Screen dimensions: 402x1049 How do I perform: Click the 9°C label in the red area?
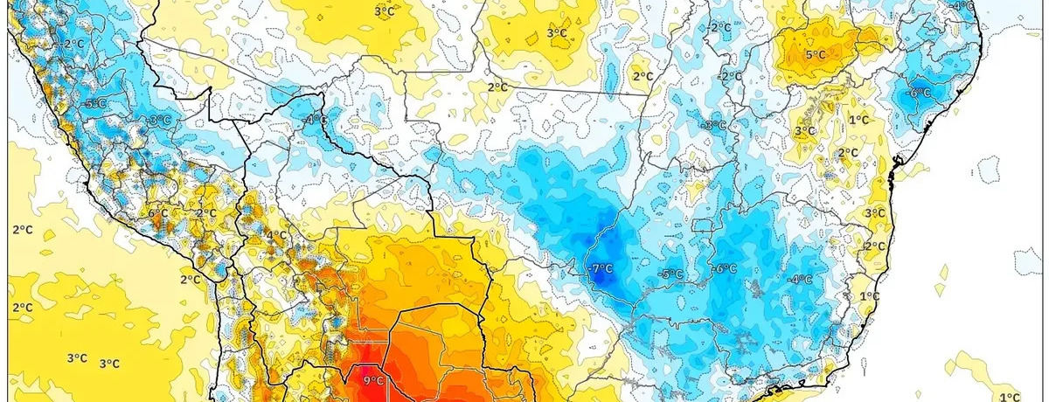click(373, 381)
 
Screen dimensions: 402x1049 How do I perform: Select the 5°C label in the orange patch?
click(815, 55)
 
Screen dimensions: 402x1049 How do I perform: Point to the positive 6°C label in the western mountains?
click(157, 212)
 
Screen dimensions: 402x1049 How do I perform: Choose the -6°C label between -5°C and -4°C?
click(725, 269)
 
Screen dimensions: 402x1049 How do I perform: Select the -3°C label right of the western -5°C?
click(159, 121)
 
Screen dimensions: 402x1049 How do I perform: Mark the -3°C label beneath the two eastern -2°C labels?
click(715, 125)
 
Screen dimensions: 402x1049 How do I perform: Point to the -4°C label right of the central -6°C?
click(800, 280)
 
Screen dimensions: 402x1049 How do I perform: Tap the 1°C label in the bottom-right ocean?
click(1010, 396)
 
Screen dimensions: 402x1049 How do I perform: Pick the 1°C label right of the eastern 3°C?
click(858, 120)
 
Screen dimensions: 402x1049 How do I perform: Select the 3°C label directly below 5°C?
click(803, 131)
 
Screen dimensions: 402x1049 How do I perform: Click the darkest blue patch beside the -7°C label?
click(612, 278)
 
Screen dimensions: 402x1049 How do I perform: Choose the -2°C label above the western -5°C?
click(73, 43)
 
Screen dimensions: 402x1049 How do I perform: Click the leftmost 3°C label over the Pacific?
click(77, 357)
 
